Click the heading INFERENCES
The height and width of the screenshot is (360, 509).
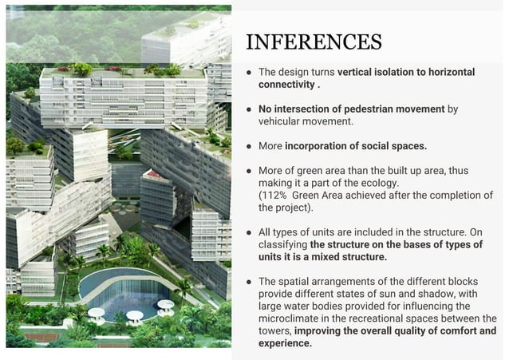click(314, 42)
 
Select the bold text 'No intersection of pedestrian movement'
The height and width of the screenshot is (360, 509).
click(351, 109)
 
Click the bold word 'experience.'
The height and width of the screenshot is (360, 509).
click(285, 342)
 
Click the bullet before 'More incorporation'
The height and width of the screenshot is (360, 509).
click(249, 146)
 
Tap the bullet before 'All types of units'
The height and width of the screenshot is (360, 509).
click(249, 232)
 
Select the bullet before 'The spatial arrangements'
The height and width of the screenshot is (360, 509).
click(249, 282)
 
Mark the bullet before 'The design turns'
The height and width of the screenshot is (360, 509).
click(249, 72)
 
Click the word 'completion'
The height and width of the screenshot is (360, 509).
click(452, 195)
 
